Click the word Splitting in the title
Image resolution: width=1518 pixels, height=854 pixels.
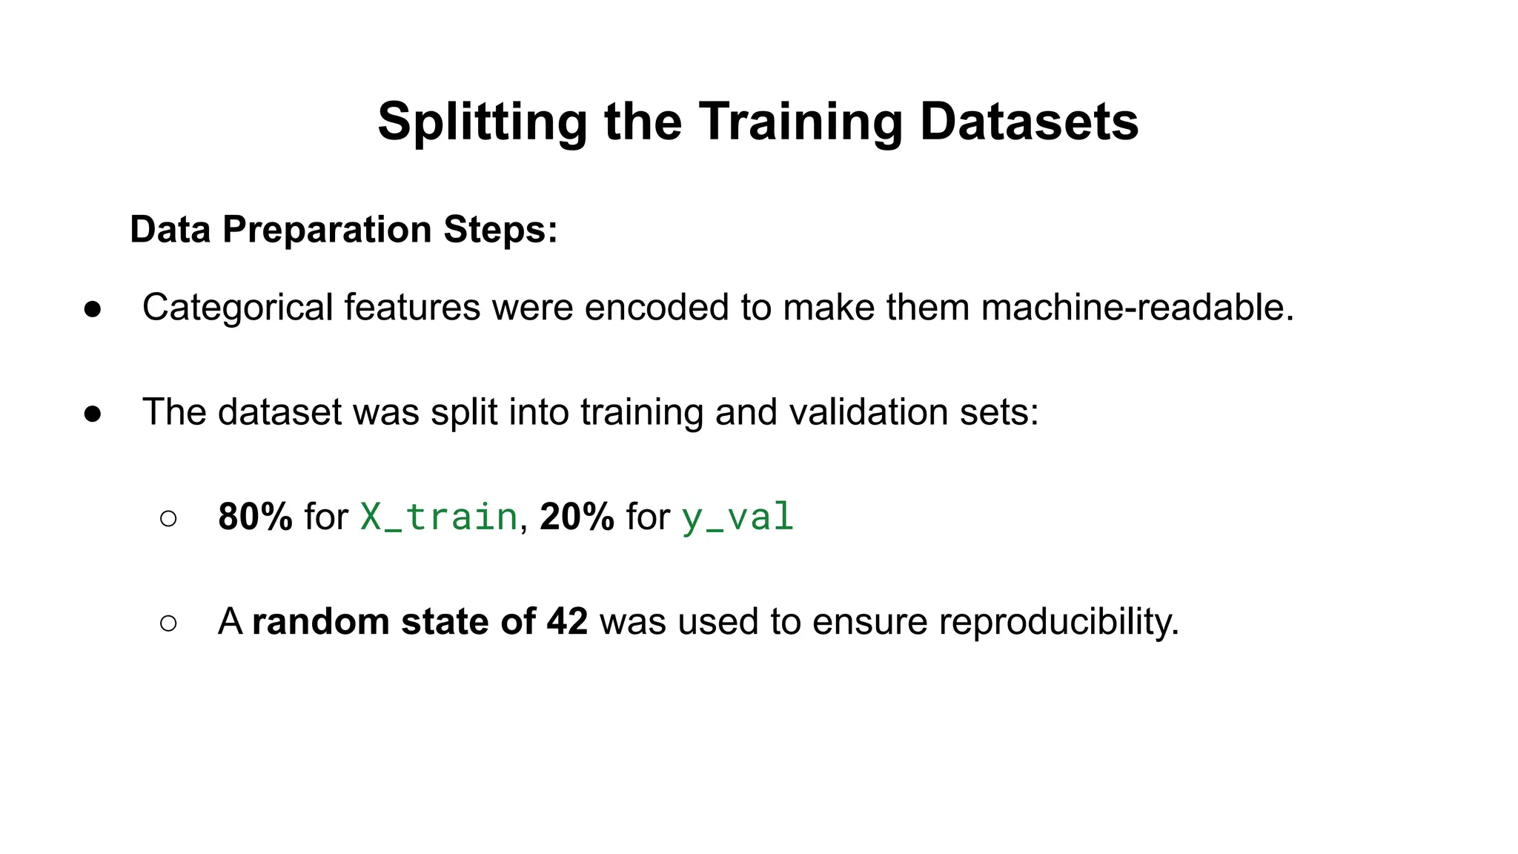coord(483,122)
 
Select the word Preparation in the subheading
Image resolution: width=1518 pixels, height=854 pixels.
coord(326,229)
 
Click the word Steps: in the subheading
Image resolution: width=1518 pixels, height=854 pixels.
coord(500,229)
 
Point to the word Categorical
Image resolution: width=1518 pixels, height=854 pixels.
coord(237,308)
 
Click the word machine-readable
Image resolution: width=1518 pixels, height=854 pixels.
coord(1137,307)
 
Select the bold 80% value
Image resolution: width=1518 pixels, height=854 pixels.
coord(255,517)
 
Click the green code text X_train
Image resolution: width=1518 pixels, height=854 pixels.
coord(438,517)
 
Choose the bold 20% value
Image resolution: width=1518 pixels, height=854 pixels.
coord(577,517)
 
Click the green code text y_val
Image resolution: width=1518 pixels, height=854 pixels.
coord(737,517)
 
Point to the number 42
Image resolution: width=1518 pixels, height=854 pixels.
coord(567,621)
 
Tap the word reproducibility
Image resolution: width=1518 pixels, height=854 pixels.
coord(1058,622)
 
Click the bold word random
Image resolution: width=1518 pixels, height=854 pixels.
coord(320,621)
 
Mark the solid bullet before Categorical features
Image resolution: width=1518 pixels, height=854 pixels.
coord(93,309)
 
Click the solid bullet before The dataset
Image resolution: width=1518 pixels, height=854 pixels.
coord(93,414)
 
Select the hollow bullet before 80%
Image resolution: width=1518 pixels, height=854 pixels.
coord(168,518)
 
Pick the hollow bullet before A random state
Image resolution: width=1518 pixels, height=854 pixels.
coord(168,623)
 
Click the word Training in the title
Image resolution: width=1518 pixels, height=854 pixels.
coord(801,122)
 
